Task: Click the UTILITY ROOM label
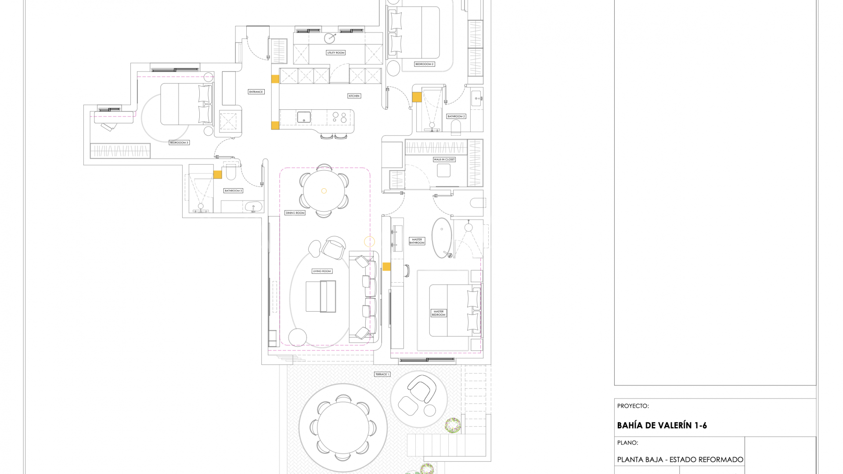coord(336,53)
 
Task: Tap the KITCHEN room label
coord(354,96)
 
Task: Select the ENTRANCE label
coord(256,92)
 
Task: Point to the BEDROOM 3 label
coord(179,143)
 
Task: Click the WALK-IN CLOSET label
coord(444,159)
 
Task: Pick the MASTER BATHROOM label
coord(417,241)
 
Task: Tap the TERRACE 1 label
coord(382,374)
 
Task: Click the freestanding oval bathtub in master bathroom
coord(441,237)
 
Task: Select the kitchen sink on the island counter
coord(304,117)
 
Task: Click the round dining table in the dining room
coord(324,191)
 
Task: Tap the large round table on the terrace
coord(342,427)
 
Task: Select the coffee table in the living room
coord(321,296)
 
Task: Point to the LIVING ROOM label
coord(322,271)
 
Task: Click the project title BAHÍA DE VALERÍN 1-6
coord(662,425)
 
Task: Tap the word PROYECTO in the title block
coord(633,406)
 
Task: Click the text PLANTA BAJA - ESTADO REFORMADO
coord(680,460)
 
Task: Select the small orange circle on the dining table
coord(324,191)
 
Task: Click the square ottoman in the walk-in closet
coord(443,170)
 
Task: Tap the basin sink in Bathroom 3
coord(253,206)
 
